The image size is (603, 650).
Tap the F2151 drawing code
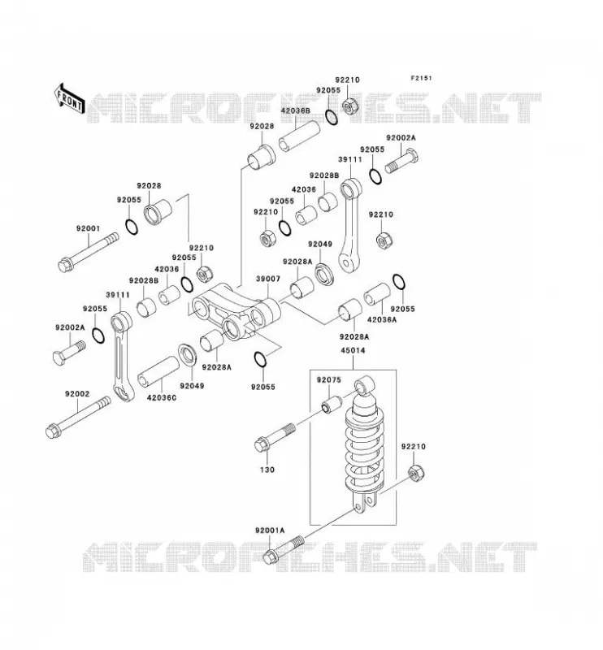coord(421,78)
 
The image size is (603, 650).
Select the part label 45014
coord(353,350)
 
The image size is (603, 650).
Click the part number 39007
coord(268,279)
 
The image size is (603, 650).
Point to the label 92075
coord(329,379)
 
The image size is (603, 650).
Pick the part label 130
coord(267,470)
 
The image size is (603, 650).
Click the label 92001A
coord(270,531)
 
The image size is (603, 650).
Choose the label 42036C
coord(162,397)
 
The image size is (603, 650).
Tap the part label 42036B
coord(295,110)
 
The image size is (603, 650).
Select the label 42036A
coord(381,319)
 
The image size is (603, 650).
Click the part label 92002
coord(76,394)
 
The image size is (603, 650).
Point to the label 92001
coord(88,228)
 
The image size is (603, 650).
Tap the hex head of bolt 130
coord(262,444)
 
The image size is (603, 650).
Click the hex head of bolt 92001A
coord(271,557)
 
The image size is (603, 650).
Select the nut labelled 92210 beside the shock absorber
coord(416,473)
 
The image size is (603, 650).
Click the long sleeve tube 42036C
coord(158,372)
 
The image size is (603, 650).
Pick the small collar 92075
coord(332,404)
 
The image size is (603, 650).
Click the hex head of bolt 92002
coord(53,431)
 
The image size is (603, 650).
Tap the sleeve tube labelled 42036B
coord(299,136)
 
